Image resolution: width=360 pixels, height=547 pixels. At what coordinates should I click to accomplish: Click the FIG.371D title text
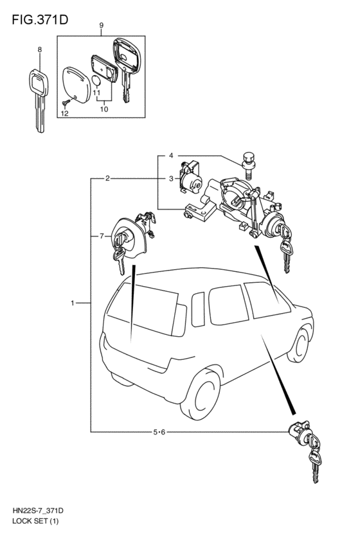(40, 20)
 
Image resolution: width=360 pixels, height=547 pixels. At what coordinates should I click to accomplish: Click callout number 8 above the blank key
(40, 49)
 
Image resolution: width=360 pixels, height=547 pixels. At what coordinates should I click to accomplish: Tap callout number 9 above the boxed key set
(101, 25)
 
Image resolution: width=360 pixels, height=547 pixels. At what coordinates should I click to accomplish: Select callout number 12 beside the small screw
(64, 113)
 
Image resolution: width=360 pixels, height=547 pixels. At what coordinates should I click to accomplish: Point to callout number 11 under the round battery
(96, 93)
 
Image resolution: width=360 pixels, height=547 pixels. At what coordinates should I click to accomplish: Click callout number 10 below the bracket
(104, 109)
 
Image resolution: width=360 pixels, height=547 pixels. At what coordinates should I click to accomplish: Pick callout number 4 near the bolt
(171, 156)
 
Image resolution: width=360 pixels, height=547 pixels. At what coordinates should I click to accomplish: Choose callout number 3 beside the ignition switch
(171, 179)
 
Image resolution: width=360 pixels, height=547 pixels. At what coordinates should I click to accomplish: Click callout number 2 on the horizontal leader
(108, 179)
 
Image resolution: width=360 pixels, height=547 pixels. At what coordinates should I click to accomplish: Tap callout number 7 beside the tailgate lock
(102, 237)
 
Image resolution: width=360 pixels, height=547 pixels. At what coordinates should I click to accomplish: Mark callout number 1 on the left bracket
(73, 303)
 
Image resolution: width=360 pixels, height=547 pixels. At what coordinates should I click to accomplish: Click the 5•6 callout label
(159, 432)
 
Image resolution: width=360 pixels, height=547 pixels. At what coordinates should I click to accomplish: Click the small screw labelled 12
(65, 102)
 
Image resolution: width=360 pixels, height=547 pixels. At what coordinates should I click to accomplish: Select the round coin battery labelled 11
(96, 80)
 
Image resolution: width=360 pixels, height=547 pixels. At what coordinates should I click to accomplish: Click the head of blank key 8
(38, 83)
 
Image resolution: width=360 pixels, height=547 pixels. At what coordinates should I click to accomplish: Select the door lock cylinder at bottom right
(300, 430)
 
